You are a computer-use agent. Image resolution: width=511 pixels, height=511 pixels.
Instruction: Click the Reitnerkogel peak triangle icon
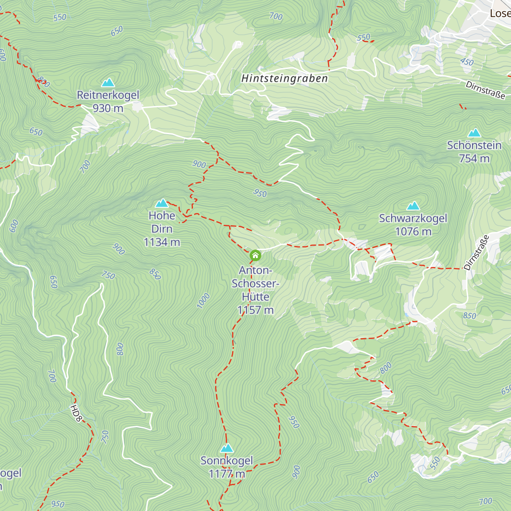(108, 82)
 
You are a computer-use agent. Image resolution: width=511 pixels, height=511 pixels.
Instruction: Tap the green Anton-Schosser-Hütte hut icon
(255, 255)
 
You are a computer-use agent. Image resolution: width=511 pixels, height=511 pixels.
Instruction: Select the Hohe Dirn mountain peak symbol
(162, 203)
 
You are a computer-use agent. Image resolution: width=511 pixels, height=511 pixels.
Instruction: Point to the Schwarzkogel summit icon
(413, 206)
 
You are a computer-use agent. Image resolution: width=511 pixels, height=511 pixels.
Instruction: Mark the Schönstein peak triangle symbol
(474, 133)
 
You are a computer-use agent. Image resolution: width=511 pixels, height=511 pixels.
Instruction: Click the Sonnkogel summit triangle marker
(227, 448)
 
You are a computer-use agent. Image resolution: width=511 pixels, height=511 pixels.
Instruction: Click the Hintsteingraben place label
(284, 78)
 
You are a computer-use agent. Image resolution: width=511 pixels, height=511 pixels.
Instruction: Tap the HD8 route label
(76, 413)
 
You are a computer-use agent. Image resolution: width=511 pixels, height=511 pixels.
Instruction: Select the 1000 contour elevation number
(204, 301)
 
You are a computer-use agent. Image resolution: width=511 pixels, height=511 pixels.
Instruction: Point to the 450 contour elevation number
(467, 62)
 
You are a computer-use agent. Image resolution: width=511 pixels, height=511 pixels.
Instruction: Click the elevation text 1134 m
(162, 242)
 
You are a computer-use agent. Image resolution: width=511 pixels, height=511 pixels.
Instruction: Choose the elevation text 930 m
(108, 108)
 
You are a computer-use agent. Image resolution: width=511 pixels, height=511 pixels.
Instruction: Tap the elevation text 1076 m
(413, 232)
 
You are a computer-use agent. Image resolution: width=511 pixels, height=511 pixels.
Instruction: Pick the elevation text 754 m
(474, 158)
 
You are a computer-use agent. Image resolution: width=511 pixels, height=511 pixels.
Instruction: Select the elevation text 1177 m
(227, 474)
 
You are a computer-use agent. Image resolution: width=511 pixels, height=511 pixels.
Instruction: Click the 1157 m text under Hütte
(255, 310)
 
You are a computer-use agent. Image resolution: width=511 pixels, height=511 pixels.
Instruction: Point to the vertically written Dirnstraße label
(477, 253)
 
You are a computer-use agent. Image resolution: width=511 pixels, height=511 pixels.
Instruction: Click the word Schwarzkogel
(413, 218)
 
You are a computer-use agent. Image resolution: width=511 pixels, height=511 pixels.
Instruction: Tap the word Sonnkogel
(227, 461)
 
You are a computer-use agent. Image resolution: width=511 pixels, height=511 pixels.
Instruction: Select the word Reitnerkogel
(108, 95)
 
